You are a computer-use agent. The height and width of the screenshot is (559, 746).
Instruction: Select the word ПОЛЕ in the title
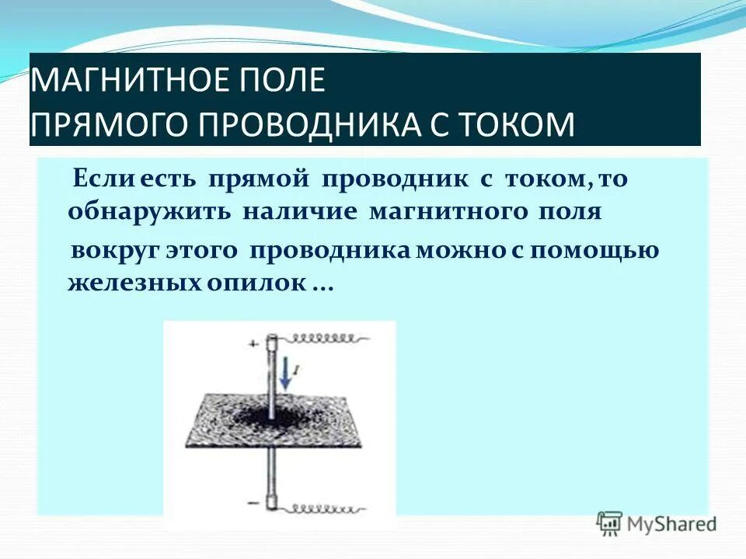point(287,81)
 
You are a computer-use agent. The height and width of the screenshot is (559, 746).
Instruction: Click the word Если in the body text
point(96,179)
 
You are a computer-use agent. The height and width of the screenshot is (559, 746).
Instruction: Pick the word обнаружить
point(149,212)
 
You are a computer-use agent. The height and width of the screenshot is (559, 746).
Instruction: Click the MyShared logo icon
point(609,523)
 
